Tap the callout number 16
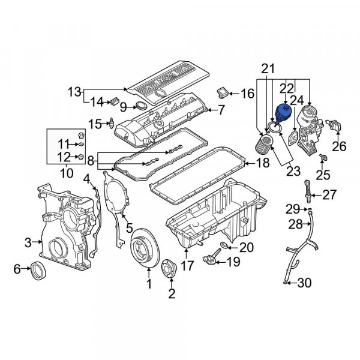pos(247,94)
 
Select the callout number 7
pos(221,110)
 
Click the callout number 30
pos(304,283)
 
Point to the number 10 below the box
pos(67,173)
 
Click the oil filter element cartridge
pos(264,146)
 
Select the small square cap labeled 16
pos(222,93)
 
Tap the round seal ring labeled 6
pos(38,270)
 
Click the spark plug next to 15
pos(112,123)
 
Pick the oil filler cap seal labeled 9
pos(140,106)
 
